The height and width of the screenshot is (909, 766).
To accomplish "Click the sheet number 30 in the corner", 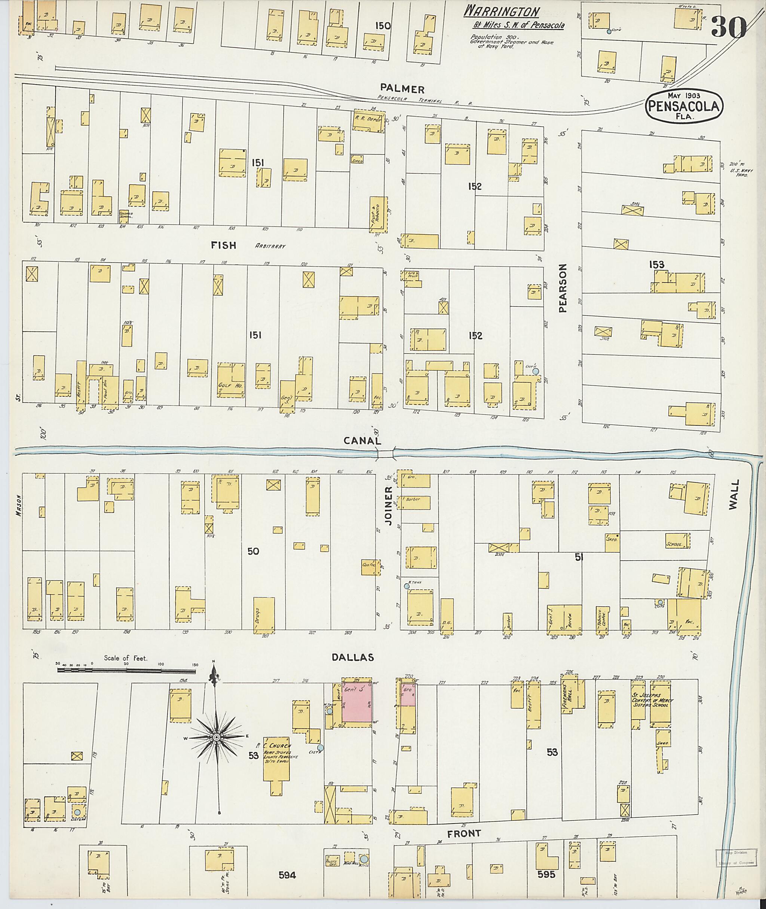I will [729, 27].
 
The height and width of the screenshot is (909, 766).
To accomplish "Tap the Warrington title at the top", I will [502, 11].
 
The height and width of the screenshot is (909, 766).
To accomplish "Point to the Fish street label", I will [224, 245].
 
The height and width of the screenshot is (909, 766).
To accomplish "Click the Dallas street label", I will [353, 658].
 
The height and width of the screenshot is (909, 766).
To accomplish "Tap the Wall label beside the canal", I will [733, 497].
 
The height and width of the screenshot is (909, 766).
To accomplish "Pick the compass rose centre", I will [216, 738].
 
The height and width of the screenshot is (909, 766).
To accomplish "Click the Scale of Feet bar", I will [126, 671].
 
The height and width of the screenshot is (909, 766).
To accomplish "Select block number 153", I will [656, 264].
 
